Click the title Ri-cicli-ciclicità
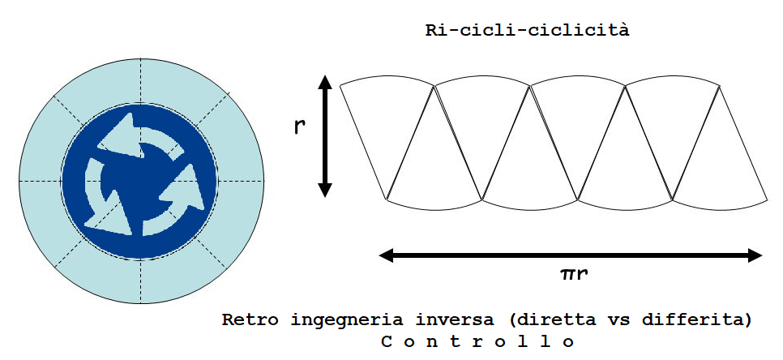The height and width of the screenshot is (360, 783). pyautogui.click(x=528, y=32)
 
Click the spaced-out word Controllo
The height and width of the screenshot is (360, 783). pyautogui.click(x=477, y=341)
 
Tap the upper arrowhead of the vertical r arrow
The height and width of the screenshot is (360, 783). pyautogui.click(x=325, y=83)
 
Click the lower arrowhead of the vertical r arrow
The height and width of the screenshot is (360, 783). pyautogui.click(x=325, y=189)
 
